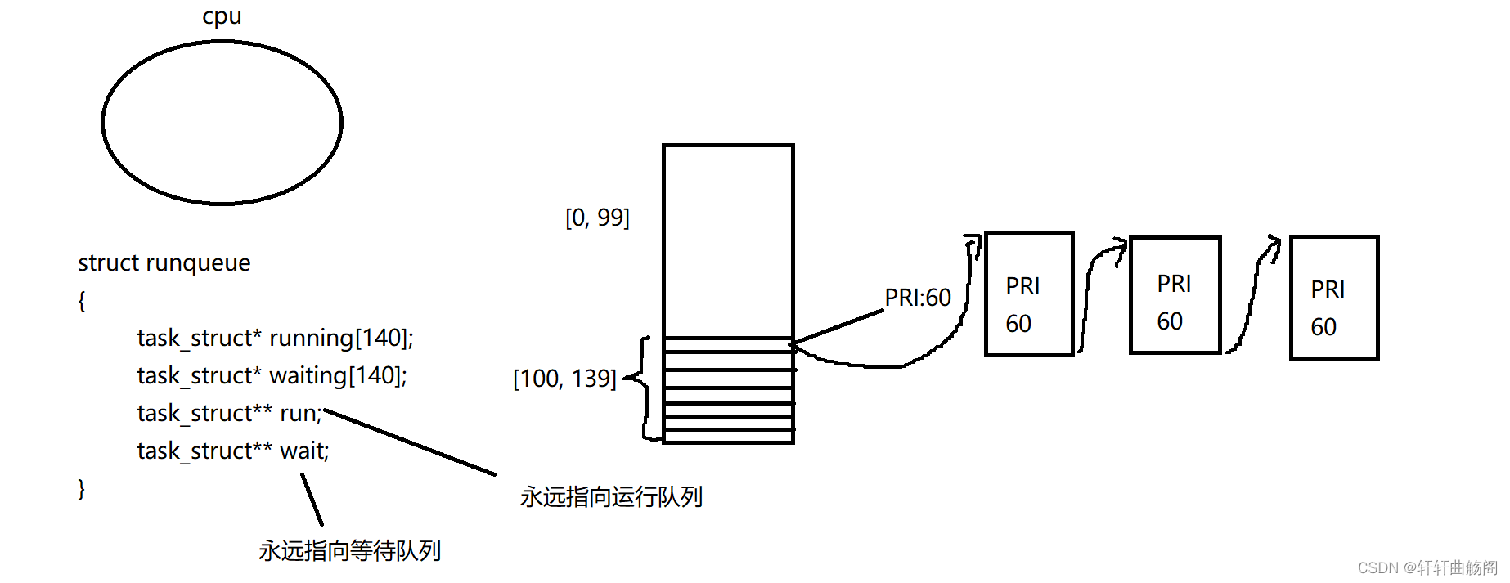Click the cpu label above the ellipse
222,16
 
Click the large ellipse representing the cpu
222,123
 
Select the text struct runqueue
164,263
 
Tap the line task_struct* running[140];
275,338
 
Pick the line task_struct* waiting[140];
272,375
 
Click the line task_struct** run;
229,413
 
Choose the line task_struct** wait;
232,451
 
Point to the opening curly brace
82,301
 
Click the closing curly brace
82,488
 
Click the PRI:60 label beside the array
918,298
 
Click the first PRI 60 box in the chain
1029,294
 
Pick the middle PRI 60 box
1175,295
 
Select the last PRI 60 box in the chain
1334,298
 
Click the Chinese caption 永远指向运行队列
611,496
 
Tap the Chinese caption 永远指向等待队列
349,550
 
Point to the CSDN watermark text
1427,567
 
